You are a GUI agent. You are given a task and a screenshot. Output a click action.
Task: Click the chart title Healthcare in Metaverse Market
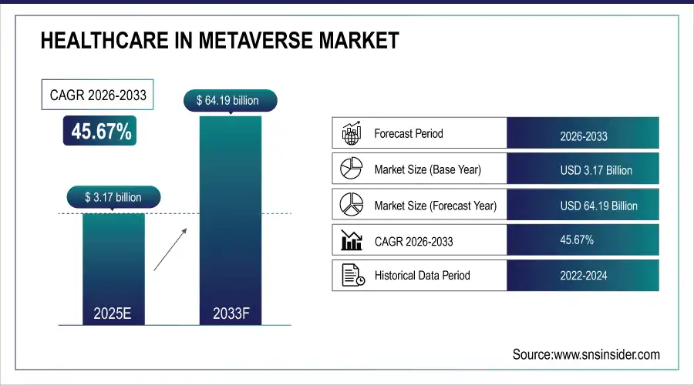pyautogui.click(x=220, y=42)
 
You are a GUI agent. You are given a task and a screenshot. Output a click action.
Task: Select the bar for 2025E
pyautogui.click(x=113, y=266)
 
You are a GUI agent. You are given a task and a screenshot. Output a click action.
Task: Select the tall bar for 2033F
pyautogui.click(x=230, y=219)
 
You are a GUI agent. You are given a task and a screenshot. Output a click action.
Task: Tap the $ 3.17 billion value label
pyautogui.click(x=113, y=197)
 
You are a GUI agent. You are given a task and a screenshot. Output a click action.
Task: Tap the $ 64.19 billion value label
pyautogui.click(x=230, y=100)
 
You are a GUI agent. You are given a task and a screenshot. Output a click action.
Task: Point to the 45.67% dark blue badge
pyautogui.click(x=102, y=132)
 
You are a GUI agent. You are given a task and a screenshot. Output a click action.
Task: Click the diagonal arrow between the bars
pyautogui.click(x=169, y=247)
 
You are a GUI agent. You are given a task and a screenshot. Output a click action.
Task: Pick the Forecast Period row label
pyautogui.click(x=409, y=133)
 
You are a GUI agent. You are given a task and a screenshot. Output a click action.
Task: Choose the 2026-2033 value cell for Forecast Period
pyautogui.click(x=583, y=136)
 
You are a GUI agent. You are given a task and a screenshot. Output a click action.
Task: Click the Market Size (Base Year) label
pyautogui.click(x=427, y=169)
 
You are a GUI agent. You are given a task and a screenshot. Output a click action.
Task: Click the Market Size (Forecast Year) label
pyautogui.click(x=435, y=206)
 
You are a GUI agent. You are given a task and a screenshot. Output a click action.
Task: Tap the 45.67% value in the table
pyautogui.click(x=577, y=240)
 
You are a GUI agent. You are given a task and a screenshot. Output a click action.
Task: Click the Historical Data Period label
pyautogui.click(x=422, y=275)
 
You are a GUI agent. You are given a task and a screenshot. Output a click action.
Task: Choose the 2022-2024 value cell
pyautogui.click(x=583, y=276)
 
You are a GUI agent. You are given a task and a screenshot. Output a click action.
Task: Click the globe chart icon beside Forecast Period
pyautogui.click(x=352, y=133)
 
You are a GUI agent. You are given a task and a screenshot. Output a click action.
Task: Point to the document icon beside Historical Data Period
pyautogui.click(x=352, y=275)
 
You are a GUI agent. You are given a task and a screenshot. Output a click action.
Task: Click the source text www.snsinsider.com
pyautogui.click(x=586, y=354)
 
